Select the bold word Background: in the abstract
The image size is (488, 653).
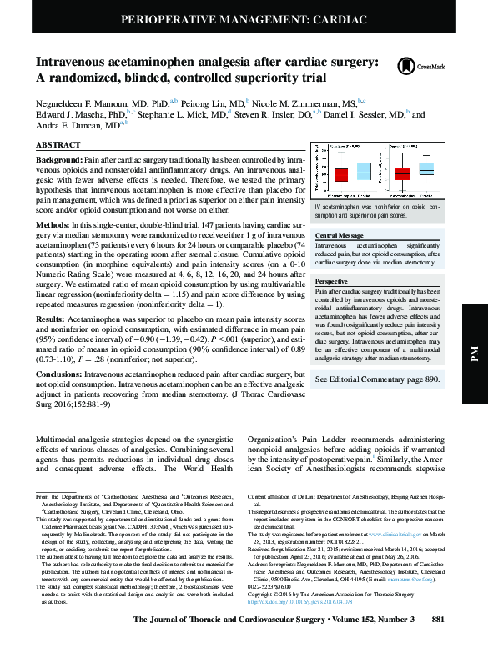point(58,158)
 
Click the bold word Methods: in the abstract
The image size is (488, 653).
point(53,226)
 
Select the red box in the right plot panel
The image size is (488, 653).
point(403,173)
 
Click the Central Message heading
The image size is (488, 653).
point(340,236)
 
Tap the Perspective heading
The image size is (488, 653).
point(332,283)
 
